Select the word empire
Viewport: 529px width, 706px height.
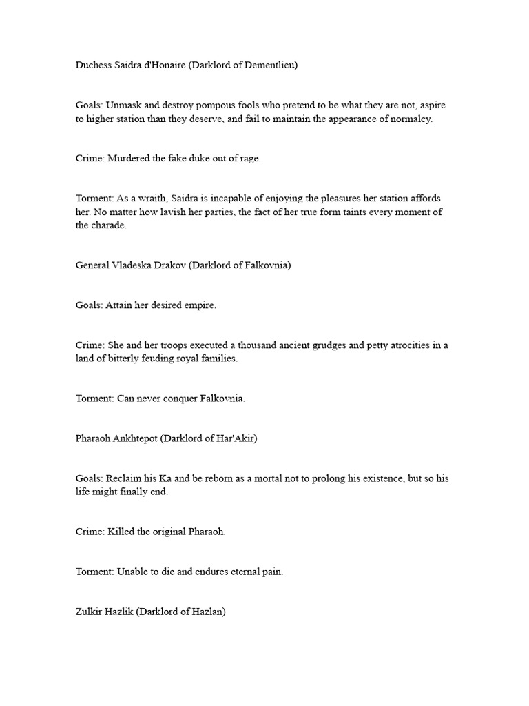(199, 305)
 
